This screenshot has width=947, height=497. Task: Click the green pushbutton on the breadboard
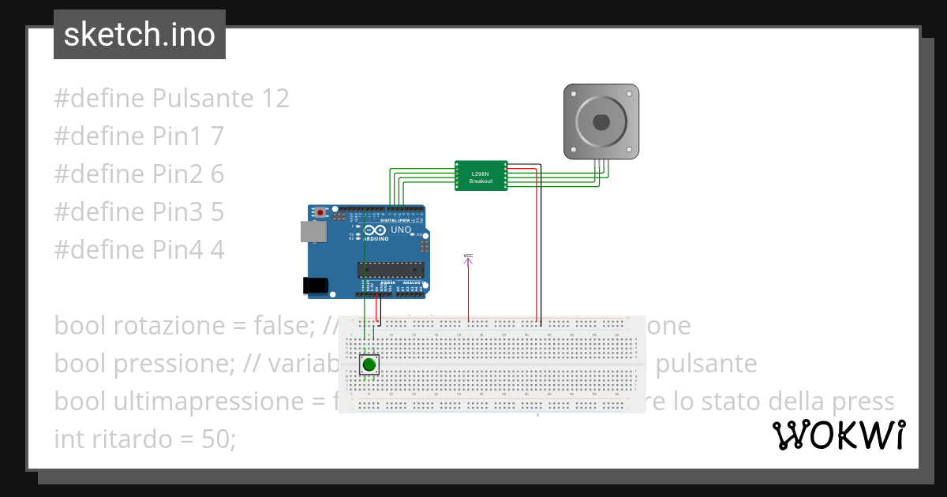pyautogui.click(x=369, y=364)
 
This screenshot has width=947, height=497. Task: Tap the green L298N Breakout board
pyautogui.click(x=481, y=176)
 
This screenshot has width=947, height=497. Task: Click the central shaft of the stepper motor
pyautogui.click(x=600, y=121)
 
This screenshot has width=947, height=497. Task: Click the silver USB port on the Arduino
pyautogui.click(x=313, y=230)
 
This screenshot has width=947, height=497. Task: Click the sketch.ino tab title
pyautogui.click(x=140, y=35)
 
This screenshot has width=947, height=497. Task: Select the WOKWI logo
pyautogui.click(x=838, y=435)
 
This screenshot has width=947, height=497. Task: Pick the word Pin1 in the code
pyautogui.click(x=178, y=136)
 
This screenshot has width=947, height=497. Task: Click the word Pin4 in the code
pyautogui.click(x=178, y=250)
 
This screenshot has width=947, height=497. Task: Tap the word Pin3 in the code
pyautogui.click(x=178, y=212)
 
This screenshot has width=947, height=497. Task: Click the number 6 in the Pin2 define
pyautogui.click(x=217, y=174)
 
